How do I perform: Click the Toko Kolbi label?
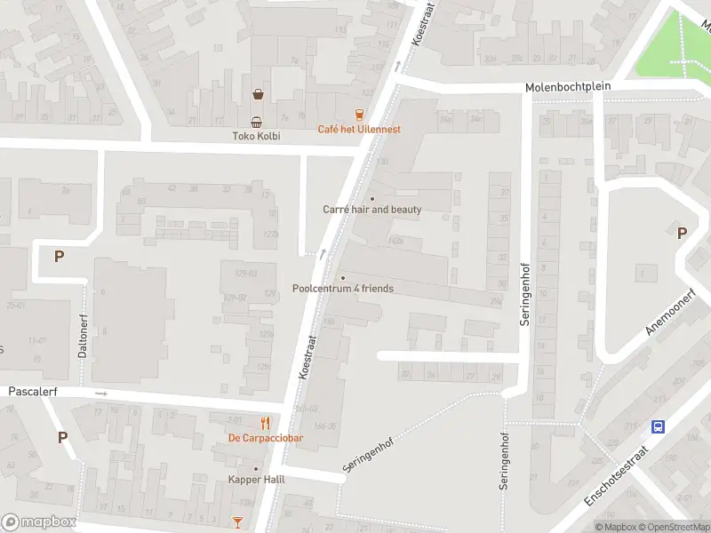256,136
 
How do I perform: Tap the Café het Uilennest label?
359,129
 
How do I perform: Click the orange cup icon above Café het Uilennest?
359,114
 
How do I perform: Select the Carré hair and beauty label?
371,210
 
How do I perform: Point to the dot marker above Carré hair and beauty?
371,198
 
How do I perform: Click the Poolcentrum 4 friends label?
342,289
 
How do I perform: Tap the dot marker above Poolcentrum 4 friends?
342,277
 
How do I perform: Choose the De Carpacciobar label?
266,438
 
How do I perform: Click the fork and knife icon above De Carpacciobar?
265,423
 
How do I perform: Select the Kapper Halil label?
256,481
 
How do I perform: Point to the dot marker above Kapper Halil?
256,469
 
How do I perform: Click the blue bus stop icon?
659,426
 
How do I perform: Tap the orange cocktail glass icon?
237,522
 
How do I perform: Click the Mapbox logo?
39,522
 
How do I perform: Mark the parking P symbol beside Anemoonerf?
682,233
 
